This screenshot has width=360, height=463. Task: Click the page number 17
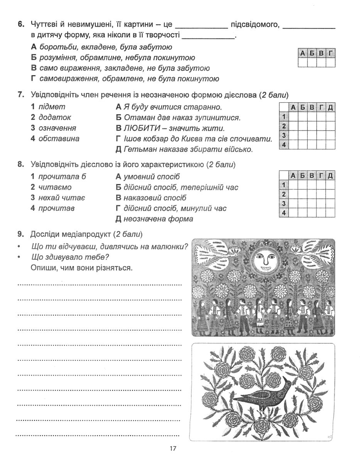(172, 448)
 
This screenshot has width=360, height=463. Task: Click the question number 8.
(21, 165)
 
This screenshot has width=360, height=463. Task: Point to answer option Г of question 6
(34, 79)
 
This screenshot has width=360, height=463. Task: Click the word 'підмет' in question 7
(52, 107)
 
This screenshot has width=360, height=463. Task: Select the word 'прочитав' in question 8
(56, 208)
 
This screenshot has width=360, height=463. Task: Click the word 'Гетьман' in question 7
(137, 149)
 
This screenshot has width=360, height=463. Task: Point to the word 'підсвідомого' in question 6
(254, 25)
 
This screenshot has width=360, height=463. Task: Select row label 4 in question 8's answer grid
(284, 213)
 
